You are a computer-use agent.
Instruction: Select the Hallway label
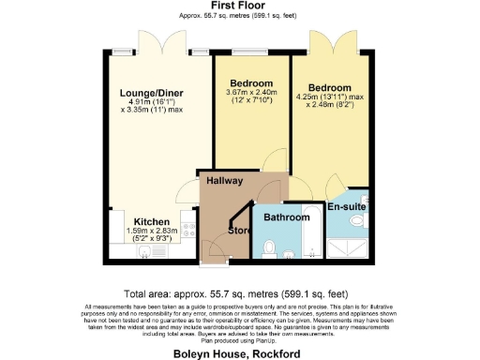pos(225,181)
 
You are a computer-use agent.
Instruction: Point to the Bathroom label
pos(286,217)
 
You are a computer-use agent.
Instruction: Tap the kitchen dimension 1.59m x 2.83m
pos(151,232)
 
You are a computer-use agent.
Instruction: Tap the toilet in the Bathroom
pos(269,248)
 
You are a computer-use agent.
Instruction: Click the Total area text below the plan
pos(239,293)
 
